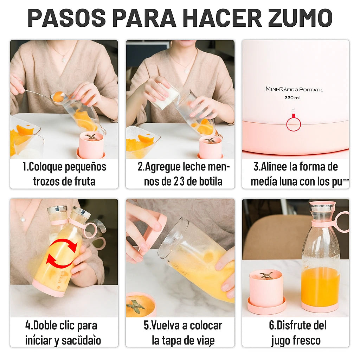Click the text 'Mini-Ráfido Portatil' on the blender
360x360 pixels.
(294, 89)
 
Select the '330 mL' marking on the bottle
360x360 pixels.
(292, 98)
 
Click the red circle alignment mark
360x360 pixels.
(294, 124)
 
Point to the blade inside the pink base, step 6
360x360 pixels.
(266, 275)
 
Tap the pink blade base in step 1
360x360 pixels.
(91, 146)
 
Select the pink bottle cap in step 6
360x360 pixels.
(322, 204)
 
